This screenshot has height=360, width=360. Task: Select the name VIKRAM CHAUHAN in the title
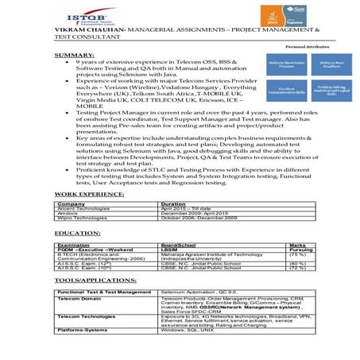[x=85, y=29]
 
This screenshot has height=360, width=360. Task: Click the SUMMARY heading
[x=75, y=55]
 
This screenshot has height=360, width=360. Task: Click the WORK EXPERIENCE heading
[x=90, y=195]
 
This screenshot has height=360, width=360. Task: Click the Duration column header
[x=173, y=203]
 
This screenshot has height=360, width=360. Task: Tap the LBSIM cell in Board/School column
[x=169, y=250]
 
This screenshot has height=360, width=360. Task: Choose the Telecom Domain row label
[x=79, y=298]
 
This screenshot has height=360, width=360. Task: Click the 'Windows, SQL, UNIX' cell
[x=188, y=329]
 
